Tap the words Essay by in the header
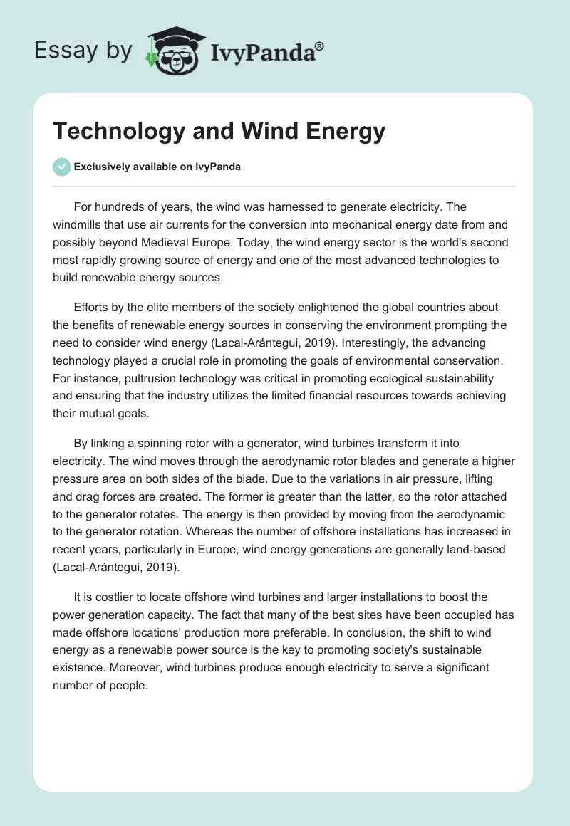(84, 50)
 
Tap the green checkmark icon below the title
(62, 167)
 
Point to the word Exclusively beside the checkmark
(102, 167)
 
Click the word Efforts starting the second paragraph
(93, 307)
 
